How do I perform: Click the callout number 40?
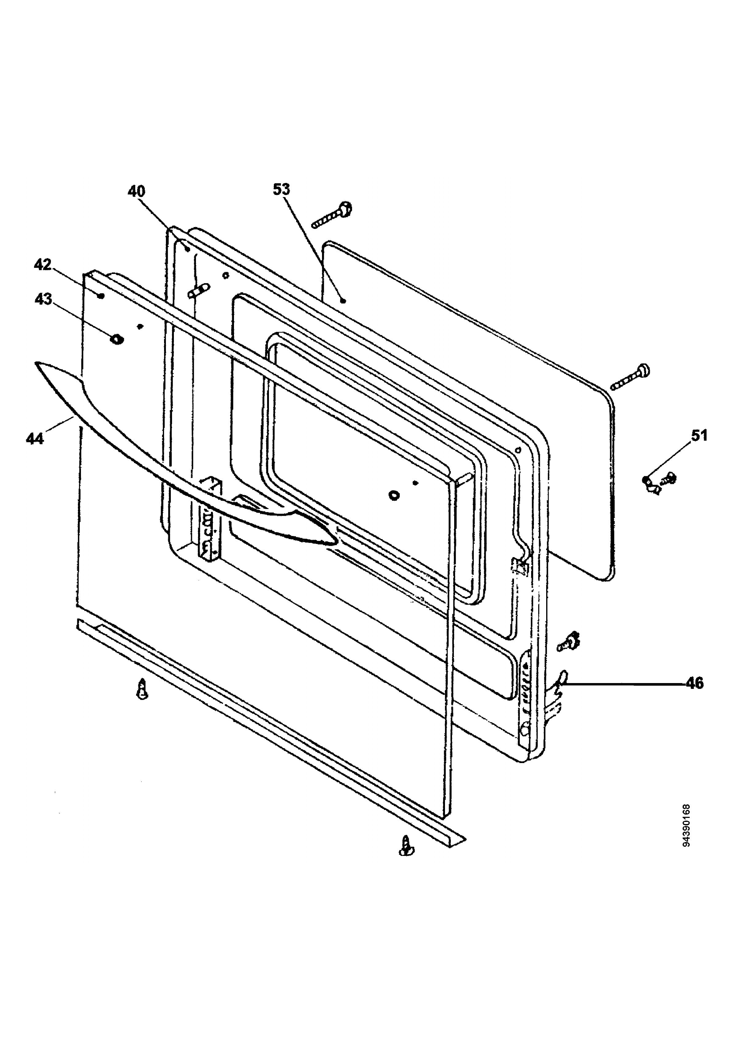[x=136, y=191]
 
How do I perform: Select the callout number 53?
[x=281, y=189]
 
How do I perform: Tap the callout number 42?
[x=43, y=264]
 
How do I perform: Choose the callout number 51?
[x=699, y=436]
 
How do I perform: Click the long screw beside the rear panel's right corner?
[x=630, y=377]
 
